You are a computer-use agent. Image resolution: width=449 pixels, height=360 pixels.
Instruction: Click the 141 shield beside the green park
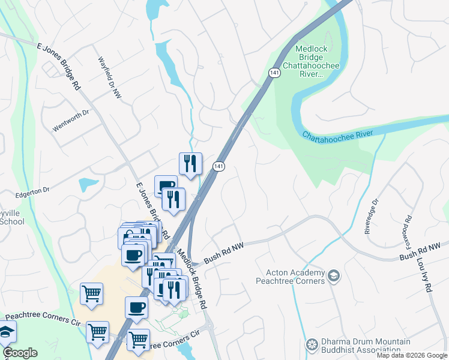(274, 72)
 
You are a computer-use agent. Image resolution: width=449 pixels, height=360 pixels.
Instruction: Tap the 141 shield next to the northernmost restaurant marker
(220, 166)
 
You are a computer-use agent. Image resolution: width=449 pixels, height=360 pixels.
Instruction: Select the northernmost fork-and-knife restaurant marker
(190, 163)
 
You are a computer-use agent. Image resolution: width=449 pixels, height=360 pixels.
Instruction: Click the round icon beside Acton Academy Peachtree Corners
(334, 277)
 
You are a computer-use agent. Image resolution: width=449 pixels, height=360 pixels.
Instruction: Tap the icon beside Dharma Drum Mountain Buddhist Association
(311, 344)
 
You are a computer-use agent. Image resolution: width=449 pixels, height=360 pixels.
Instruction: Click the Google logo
(20, 353)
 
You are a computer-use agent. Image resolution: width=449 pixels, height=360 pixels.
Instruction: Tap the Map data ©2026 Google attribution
(412, 355)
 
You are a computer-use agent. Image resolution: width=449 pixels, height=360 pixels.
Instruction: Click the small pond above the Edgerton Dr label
(88, 184)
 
